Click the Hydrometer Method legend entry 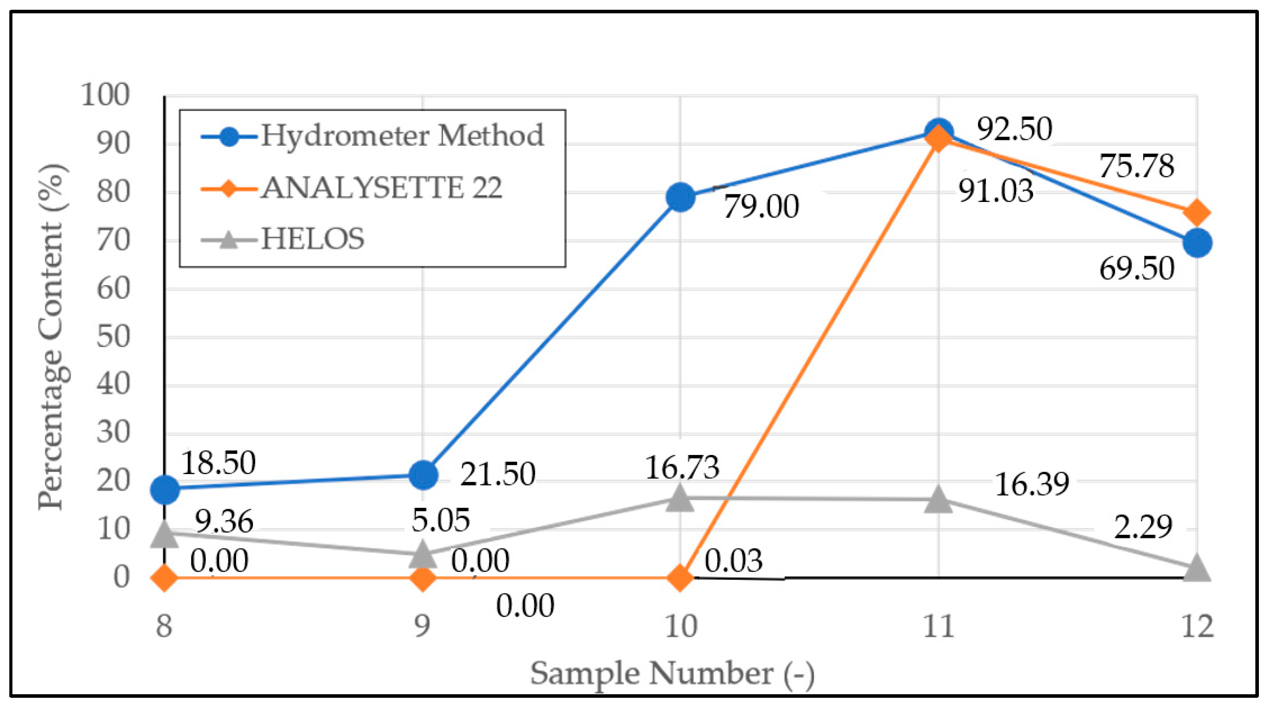click(x=402, y=135)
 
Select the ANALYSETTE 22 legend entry click(x=381, y=188)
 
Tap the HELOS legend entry click(x=312, y=239)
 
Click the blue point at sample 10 click(x=680, y=198)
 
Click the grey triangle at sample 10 click(x=680, y=498)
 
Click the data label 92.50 click(x=1014, y=129)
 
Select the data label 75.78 click(x=1136, y=166)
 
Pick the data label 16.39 click(x=1032, y=484)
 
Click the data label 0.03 click(x=733, y=561)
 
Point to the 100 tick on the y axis click(x=106, y=95)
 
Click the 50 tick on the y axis click(x=113, y=337)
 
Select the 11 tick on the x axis click(x=938, y=627)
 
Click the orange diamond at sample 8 click(x=165, y=577)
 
